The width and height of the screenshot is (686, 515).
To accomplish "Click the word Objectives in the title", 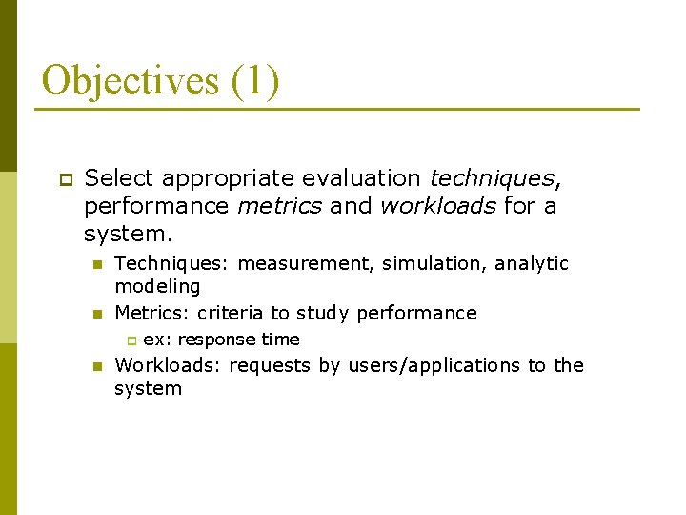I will (x=130, y=80).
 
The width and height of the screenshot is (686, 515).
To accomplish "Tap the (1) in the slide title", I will (x=255, y=80).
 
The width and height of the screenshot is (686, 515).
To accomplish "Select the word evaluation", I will (x=360, y=178).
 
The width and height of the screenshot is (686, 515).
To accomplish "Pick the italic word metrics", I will (x=279, y=206).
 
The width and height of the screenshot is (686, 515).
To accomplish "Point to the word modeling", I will (x=157, y=286).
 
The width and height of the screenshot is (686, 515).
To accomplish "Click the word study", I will (x=323, y=313).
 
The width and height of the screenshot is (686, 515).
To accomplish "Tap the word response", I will (x=216, y=340).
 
